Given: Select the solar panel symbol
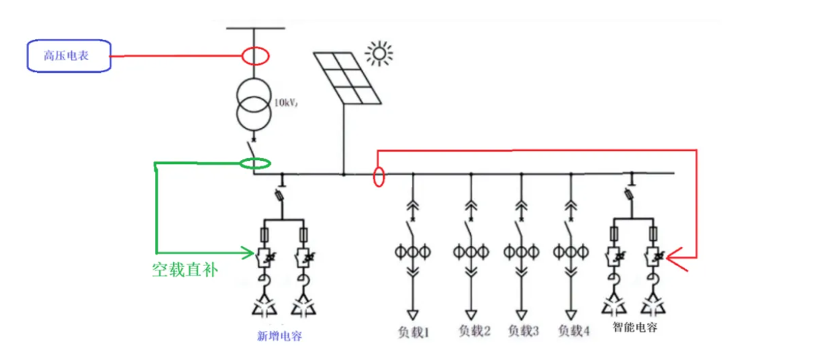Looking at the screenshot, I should click(x=348, y=77).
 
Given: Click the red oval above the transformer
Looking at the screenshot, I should click(x=255, y=56).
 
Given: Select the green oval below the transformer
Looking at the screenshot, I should click(x=255, y=163).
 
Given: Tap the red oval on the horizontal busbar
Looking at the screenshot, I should click(x=379, y=177).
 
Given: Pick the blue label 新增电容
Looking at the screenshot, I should click(x=279, y=336).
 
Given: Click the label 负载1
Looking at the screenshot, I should click(x=414, y=330).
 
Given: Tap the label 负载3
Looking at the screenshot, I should click(x=523, y=330).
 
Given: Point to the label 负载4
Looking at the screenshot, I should click(x=573, y=330).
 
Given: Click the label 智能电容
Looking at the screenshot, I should click(x=635, y=327).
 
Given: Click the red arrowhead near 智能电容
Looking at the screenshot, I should click(x=674, y=255).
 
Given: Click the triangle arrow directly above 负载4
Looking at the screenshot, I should click(x=571, y=313).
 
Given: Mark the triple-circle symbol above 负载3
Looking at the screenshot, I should click(x=520, y=251).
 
